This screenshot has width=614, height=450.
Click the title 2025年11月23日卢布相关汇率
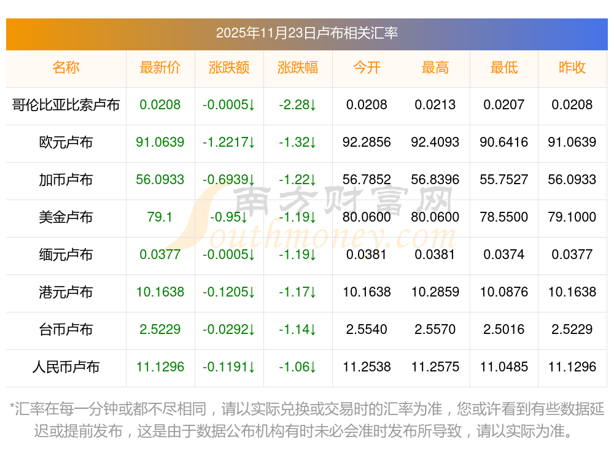pyautogui.click(x=306, y=33)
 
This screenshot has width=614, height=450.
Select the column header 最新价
pyautogui.click(x=160, y=68)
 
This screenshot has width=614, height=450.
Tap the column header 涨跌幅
pyautogui.click(x=298, y=68)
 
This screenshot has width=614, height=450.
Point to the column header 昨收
pyautogui.click(x=572, y=68)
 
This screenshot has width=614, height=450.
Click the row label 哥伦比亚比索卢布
pyautogui.click(x=66, y=105)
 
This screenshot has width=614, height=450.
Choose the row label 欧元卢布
pyautogui.click(x=66, y=142)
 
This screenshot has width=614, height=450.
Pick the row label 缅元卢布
pyautogui.click(x=66, y=255)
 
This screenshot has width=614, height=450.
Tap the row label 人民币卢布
pyautogui.click(x=66, y=367)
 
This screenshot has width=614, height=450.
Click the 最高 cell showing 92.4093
pyautogui.click(x=435, y=142)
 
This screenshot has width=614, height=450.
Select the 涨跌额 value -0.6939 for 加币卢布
pyautogui.click(x=229, y=180)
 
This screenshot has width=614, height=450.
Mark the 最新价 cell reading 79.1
pyautogui.click(x=160, y=217)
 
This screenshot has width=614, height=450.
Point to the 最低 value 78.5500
pyautogui.click(x=504, y=217)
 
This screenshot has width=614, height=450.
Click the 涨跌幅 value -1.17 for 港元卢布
pyautogui.click(x=298, y=292)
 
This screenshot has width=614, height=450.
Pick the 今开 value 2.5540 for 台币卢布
pyautogui.click(x=367, y=330)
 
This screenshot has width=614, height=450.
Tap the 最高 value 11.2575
pyautogui.click(x=435, y=367)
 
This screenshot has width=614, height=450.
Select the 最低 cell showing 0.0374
pyautogui.click(x=504, y=255)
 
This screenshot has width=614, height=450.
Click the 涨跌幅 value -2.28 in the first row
pyautogui.click(x=298, y=105)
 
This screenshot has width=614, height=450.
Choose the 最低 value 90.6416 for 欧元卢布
pyautogui.click(x=504, y=142)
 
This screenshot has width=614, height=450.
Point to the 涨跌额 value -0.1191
pyautogui.click(x=229, y=367)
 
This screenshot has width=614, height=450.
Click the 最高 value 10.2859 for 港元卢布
pyautogui.click(x=435, y=292)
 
